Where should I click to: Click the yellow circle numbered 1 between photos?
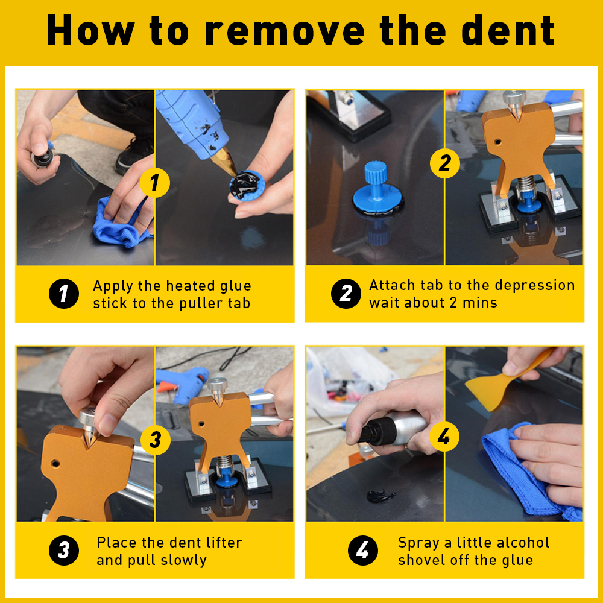click(154, 183)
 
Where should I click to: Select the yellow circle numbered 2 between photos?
click(445, 163)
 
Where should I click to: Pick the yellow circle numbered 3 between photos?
click(156, 440)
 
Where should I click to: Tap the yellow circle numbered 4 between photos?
click(444, 437)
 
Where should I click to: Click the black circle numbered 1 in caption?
click(64, 294)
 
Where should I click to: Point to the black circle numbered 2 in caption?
click(346, 294)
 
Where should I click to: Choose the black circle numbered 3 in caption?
click(64, 551)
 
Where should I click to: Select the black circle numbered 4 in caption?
click(362, 551)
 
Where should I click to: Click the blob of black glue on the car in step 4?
click(380, 496)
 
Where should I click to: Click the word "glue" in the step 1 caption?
click(235, 286)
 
